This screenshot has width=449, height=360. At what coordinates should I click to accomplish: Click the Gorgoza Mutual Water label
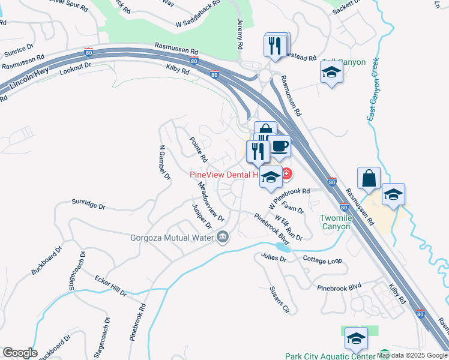pyautogui.click(x=173, y=238)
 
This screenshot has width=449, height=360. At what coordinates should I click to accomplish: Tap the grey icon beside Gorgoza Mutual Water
pyautogui.click(x=223, y=238)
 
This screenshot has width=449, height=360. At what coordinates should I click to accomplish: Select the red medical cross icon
pyautogui.click(x=286, y=175)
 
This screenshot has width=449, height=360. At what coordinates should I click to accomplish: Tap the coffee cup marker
pyautogui.click(x=279, y=147)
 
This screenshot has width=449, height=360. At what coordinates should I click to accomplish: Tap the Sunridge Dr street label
pyautogui.click(x=88, y=205)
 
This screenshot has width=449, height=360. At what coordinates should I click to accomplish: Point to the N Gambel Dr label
pyautogui.click(x=162, y=161)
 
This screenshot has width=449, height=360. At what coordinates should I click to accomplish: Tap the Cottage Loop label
pyautogui.click(x=322, y=261)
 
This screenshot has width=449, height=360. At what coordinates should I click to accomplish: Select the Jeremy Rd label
pyautogui.click(x=240, y=34)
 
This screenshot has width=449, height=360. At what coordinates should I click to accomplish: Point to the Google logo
pyautogui.click(x=20, y=353)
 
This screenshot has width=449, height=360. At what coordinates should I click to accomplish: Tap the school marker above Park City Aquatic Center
pyautogui.click(x=356, y=338)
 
